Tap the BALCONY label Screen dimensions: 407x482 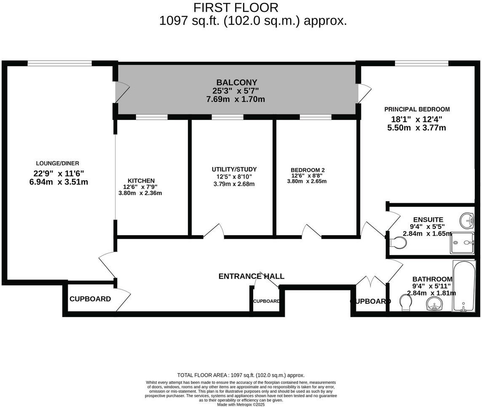coord(236,82)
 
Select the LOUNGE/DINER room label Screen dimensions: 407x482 coord(58,163)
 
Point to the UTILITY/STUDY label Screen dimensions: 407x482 coord(234,169)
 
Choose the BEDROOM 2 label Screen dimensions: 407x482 coord(308,170)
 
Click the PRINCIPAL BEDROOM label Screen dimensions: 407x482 coord(417,109)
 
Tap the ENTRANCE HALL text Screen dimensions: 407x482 coord(251,277)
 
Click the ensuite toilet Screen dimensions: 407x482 coord(397,242)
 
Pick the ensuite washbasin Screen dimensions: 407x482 coord(467,219)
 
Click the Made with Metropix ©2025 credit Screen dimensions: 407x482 coord(241,404)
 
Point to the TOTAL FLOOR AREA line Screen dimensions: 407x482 coord(241,375)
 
